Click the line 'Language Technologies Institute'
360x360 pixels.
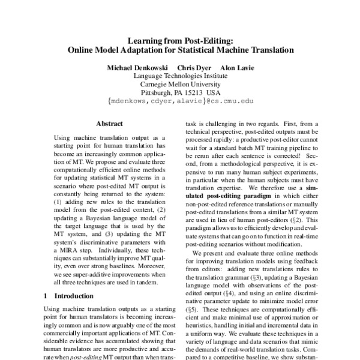(181, 76)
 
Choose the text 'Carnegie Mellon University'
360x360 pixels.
(181, 85)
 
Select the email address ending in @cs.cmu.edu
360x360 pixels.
(181, 102)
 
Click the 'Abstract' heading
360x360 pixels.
(109, 124)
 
